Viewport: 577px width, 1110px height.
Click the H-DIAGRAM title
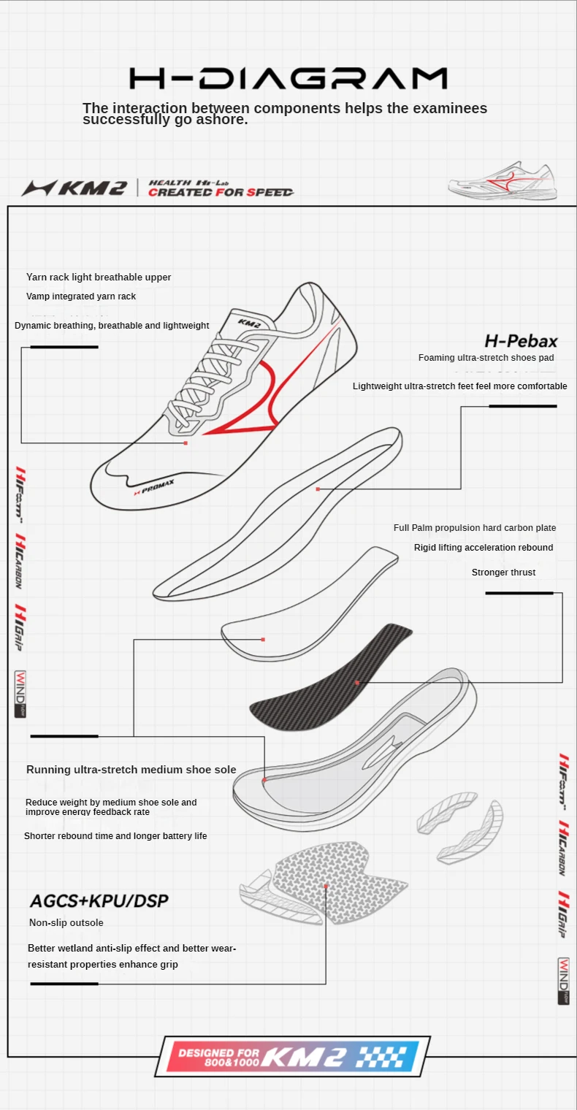click(288, 79)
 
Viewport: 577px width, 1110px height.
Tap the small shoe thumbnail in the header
click(503, 180)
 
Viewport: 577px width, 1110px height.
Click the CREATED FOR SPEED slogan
click(221, 192)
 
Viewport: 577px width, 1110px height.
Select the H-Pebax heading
click(521, 341)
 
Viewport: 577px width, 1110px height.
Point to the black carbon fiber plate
click(332, 671)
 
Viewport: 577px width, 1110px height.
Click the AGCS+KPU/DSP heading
click(99, 900)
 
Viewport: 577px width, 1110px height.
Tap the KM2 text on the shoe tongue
click(249, 321)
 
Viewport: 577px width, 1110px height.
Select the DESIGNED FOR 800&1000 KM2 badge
click(292, 1056)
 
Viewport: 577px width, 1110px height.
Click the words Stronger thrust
click(503, 573)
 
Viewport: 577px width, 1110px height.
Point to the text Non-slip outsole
click(66, 923)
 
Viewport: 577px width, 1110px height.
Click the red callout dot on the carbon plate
click(357, 683)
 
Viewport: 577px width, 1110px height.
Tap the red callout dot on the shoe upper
click(186, 443)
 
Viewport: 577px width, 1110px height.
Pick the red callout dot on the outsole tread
click(326, 886)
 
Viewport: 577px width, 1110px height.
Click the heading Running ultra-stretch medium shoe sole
click(131, 770)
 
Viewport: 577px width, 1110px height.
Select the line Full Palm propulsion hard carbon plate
click(475, 528)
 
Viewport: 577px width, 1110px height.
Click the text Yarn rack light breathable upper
click(99, 277)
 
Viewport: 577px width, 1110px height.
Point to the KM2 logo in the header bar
click(75, 188)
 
